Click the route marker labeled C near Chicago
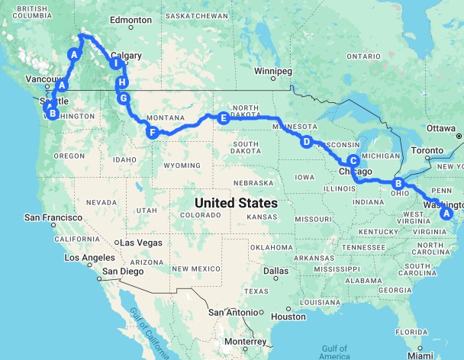353,160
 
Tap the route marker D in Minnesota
306,142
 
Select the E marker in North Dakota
223,118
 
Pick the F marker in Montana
153,133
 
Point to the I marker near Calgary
115,64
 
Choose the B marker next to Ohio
398,183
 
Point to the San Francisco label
53,217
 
